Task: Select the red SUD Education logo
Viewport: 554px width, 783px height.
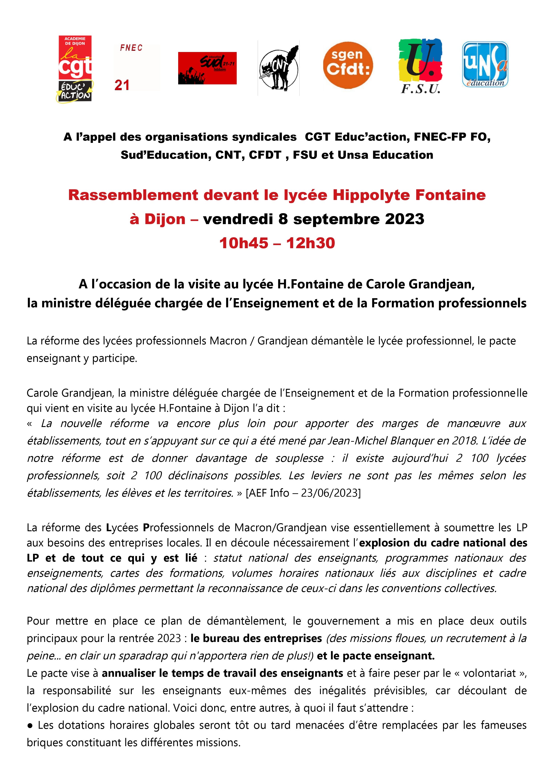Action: point(207,68)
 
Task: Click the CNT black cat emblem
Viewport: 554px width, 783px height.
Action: point(278,68)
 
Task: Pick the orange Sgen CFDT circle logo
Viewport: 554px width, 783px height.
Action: point(348,65)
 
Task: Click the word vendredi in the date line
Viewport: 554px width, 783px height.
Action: point(238,219)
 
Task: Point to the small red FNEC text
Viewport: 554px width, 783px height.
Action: point(131,48)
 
